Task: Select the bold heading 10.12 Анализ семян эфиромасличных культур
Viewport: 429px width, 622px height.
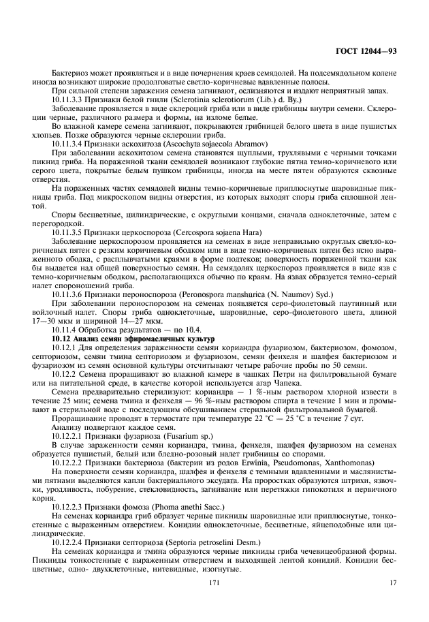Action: tap(133, 338)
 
